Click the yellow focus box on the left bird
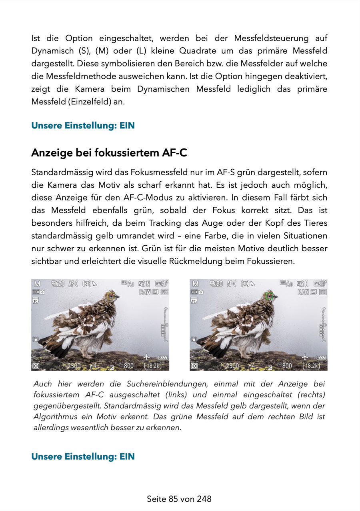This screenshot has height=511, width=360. click(111, 296)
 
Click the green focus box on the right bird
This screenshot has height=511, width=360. click(269, 296)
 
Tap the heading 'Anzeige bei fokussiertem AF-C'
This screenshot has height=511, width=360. click(109, 153)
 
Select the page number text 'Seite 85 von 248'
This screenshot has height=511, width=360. click(179, 499)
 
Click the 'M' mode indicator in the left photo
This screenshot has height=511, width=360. click(36, 284)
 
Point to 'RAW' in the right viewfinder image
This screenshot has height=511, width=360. click(303, 292)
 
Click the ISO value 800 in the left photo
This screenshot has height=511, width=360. click(128, 366)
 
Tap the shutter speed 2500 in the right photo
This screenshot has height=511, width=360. click(232, 366)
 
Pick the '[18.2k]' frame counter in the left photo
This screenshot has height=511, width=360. click(153, 366)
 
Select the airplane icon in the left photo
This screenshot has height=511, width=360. click(147, 356)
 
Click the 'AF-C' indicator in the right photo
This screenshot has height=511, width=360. click(232, 284)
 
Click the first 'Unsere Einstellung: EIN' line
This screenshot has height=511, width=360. click(83, 126)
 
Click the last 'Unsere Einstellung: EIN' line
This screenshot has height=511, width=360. click(83, 457)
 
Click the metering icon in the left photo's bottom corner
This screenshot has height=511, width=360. click(36, 366)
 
